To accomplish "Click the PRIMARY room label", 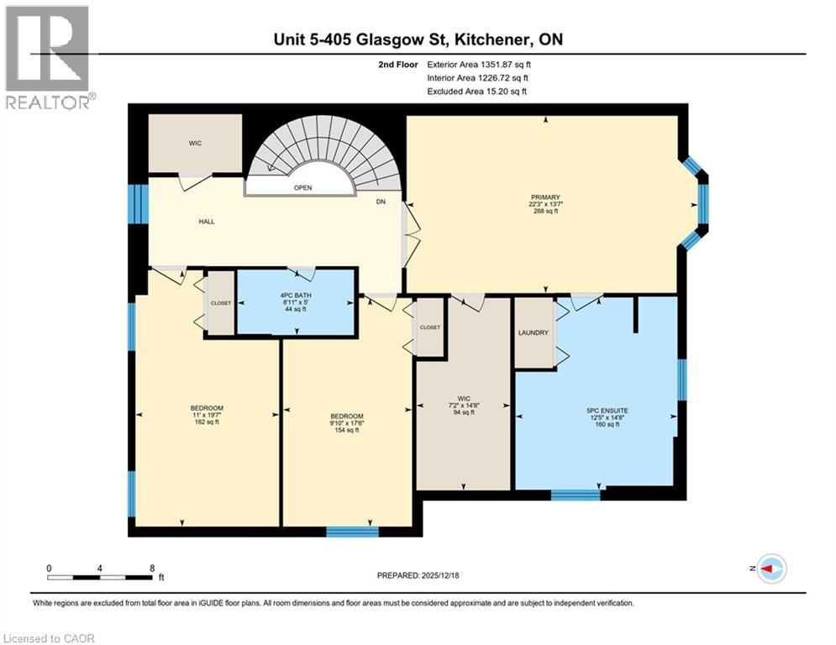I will (x=544, y=197).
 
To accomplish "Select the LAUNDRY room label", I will (x=534, y=333).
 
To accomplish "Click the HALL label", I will (x=207, y=222).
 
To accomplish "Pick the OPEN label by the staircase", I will (x=302, y=187).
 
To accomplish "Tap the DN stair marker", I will (x=381, y=202).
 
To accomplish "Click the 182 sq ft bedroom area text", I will (x=206, y=422).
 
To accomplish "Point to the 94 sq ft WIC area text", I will (x=464, y=412).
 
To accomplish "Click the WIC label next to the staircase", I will (x=195, y=143).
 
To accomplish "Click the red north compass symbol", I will (x=770, y=569).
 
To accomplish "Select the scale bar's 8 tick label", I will (x=151, y=568).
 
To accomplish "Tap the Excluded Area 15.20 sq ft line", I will (x=479, y=91).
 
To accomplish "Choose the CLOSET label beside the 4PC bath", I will (x=220, y=303).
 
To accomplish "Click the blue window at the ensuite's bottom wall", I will (x=576, y=495).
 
